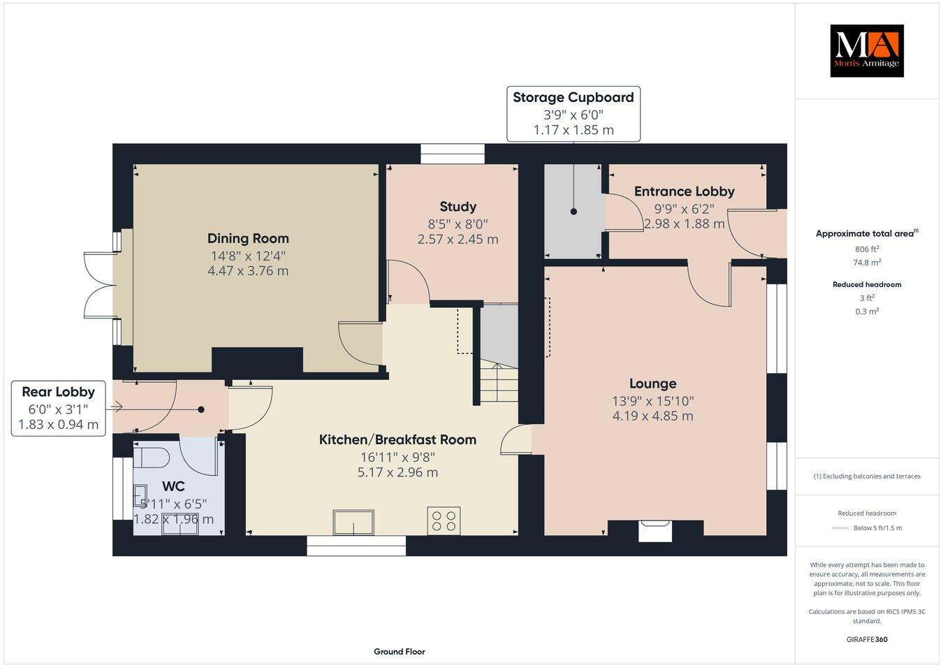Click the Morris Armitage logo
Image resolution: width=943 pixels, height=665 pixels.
pyautogui.click(x=866, y=50)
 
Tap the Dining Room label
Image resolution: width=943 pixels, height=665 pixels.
pyautogui.click(x=248, y=238)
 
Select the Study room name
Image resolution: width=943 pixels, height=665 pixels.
pyautogui.click(x=458, y=206)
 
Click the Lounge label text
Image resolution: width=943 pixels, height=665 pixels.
pyautogui.click(x=652, y=383)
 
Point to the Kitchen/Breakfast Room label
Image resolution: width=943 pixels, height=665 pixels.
pyautogui.click(x=397, y=439)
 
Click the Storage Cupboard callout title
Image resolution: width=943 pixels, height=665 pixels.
pyautogui.click(x=573, y=97)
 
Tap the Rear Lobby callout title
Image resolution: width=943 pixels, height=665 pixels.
pyautogui.click(x=58, y=392)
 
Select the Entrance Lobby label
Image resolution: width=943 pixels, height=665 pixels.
pyautogui.click(x=684, y=191)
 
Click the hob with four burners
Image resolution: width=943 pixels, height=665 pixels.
pyautogui.click(x=444, y=520)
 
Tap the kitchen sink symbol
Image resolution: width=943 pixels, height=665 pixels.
pyautogui.click(x=354, y=522)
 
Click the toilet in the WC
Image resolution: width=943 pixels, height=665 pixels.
pyautogui.click(x=152, y=458)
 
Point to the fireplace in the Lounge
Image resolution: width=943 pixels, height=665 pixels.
pyautogui.click(x=656, y=532)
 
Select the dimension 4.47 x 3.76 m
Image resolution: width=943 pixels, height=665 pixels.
pyautogui.click(x=248, y=271)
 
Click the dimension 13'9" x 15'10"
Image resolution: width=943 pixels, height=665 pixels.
pyautogui.click(x=652, y=401)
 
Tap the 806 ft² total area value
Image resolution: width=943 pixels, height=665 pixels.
pyautogui.click(x=866, y=249)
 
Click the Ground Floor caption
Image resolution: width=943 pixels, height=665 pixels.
pyautogui.click(x=399, y=652)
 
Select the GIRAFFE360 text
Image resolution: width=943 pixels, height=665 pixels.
pyautogui.click(x=866, y=639)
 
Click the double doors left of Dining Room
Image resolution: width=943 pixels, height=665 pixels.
pyautogui.click(x=100, y=286)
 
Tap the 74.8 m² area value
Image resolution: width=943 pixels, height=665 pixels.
pyautogui.click(x=866, y=263)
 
